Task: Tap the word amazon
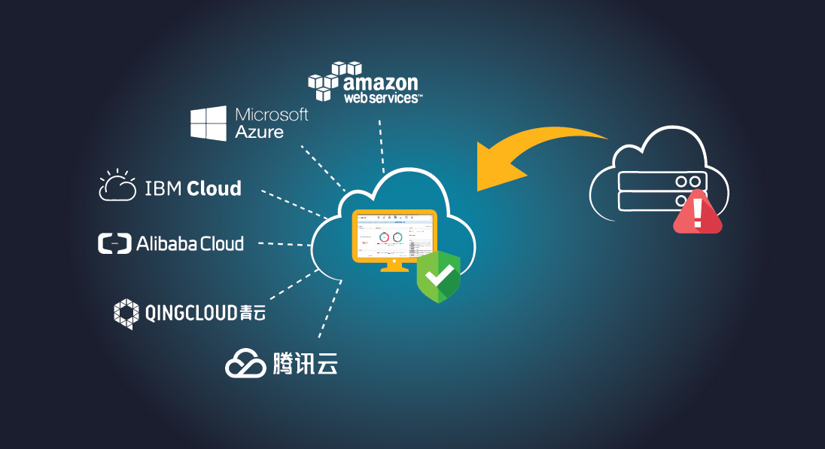point(380,82)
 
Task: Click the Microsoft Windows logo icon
point(209,123)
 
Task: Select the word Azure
point(260,132)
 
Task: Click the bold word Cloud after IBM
point(214,188)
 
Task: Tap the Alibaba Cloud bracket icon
point(114,243)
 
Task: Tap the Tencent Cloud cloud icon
point(245,363)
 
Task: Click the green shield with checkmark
point(438,276)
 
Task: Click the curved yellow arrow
point(527,154)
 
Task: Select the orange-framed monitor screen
point(394,234)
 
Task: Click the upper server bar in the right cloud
point(662,182)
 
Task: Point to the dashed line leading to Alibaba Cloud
point(285,244)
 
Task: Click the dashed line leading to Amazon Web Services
point(382,143)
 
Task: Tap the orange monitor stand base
point(394,268)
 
